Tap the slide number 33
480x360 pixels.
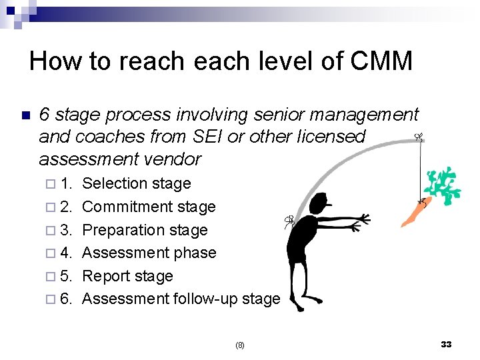pos(446,344)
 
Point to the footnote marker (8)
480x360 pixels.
pos(240,345)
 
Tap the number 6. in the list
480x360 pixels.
pos(66,299)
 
